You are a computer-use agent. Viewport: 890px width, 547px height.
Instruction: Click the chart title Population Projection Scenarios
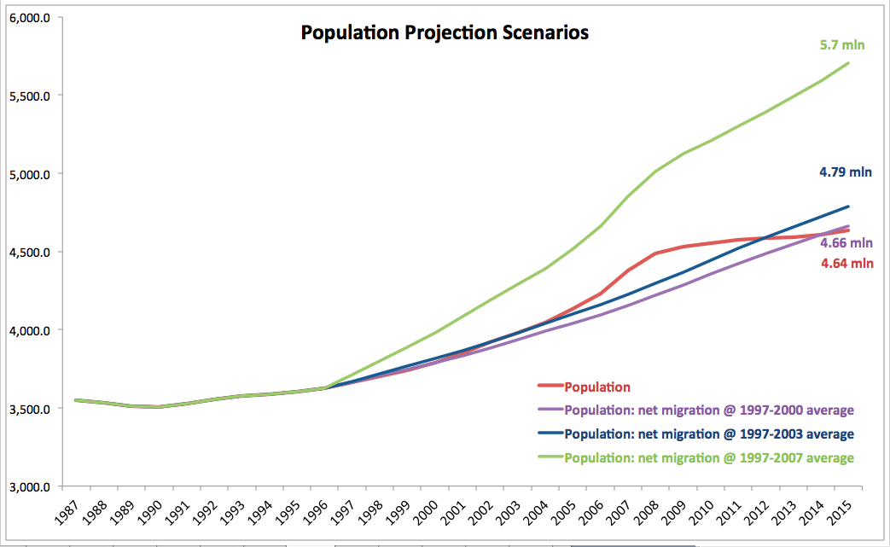[x=444, y=33]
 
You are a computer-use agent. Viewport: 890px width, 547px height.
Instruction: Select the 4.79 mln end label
[x=846, y=172]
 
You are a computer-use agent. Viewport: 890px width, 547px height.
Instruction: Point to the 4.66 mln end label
[x=846, y=242]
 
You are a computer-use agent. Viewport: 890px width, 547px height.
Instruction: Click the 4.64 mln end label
[x=846, y=264]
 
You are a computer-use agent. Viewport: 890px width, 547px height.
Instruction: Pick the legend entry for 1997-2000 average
[x=708, y=410]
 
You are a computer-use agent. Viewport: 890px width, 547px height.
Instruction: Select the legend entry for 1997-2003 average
[x=708, y=434]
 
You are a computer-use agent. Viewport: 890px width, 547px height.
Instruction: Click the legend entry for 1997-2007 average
[x=708, y=457]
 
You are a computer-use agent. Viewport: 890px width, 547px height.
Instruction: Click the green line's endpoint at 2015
[x=849, y=63]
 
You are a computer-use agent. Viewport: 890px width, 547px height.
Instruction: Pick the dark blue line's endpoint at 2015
[x=849, y=206]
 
